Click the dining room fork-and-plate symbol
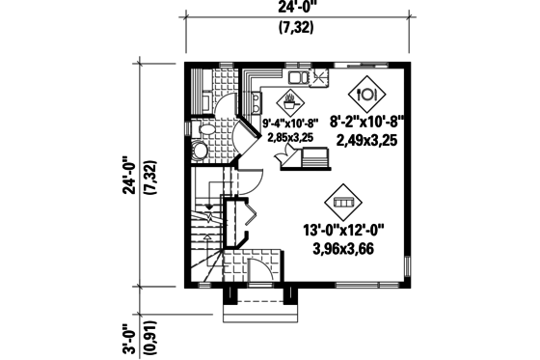(x=366, y=95)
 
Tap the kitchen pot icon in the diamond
(x=290, y=99)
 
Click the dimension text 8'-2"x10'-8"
(x=366, y=123)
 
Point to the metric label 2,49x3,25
(x=367, y=141)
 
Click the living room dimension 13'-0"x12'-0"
(x=343, y=230)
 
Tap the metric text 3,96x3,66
(x=344, y=248)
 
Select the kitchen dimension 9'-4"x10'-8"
(x=290, y=124)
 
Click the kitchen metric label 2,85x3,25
(x=290, y=137)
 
